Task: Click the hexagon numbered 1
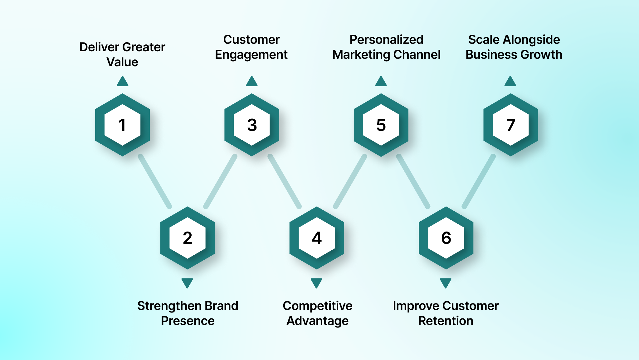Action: pyautogui.click(x=122, y=125)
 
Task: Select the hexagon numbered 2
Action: pyautogui.click(x=187, y=238)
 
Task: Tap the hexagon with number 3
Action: pyautogui.click(x=252, y=125)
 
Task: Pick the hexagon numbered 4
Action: pyautogui.click(x=317, y=238)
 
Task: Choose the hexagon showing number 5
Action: pyautogui.click(x=381, y=125)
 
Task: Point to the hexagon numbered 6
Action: pyautogui.click(x=446, y=238)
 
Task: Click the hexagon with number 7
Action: pyautogui.click(x=510, y=125)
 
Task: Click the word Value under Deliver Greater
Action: pyautogui.click(x=122, y=62)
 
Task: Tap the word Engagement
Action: pyautogui.click(x=251, y=55)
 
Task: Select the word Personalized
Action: pyautogui.click(x=386, y=40)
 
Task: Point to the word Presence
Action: pyautogui.click(x=188, y=321)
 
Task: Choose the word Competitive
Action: pyautogui.click(x=317, y=306)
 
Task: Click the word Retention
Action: pyautogui.click(x=446, y=321)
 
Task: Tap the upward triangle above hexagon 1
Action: pyautogui.click(x=123, y=82)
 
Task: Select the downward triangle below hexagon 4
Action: pyautogui.click(x=316, y=283)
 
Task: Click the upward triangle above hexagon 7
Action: pyautogui.click(x=510, y=82)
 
